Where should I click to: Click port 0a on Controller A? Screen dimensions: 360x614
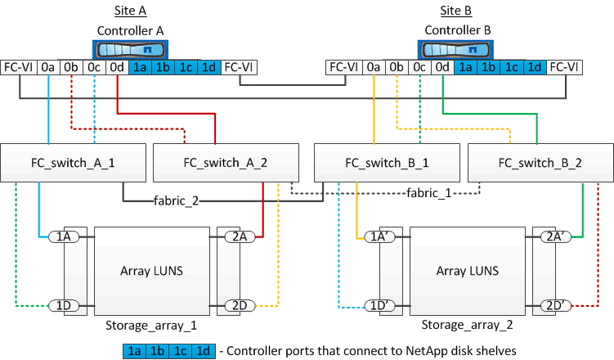[x=49, y=68]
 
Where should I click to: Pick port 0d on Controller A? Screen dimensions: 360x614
[x=118, y=68]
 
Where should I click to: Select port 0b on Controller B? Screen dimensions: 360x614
[x=397, y=68]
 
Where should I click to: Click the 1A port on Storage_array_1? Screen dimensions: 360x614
[x=63, y=237]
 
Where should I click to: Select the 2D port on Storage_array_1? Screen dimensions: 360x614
[x=240, y=306]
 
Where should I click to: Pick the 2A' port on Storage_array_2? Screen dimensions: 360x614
[x=555, y=237]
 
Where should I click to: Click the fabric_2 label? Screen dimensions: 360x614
[x=176, y=200]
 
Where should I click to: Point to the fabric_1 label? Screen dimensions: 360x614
[x=429, y=193]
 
